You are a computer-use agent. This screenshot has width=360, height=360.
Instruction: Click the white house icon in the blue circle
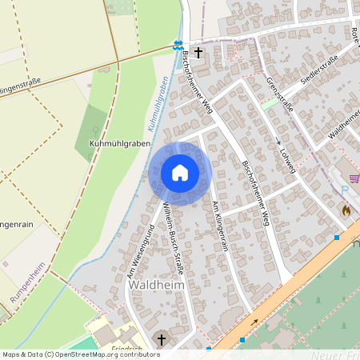click(x=180, y=173)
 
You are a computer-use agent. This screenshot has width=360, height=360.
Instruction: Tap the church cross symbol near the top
click(x=198, y=53)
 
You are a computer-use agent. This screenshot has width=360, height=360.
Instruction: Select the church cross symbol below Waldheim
click(x=161, y=340)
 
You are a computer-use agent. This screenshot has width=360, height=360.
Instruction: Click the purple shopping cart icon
click(x=354, y=178)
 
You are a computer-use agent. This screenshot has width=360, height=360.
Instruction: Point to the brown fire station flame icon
click(x=346, y=210)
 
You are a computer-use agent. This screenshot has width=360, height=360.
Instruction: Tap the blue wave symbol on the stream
click(x=178, y=46)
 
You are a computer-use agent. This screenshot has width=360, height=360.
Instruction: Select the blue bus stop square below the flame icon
click(x=337, y=237)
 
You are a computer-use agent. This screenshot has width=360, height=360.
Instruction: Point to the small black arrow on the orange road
click(x=254, y=322)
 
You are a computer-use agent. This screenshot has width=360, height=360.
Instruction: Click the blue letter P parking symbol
click(x=344, y=190)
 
